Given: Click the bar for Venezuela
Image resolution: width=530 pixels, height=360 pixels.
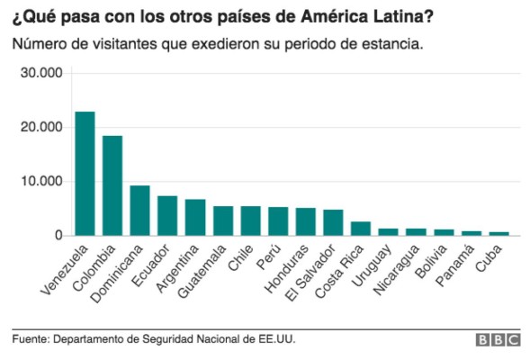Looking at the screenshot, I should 85,174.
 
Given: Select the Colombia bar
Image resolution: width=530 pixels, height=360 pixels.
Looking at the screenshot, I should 112,185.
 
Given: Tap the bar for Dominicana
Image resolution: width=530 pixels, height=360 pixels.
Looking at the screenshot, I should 140,211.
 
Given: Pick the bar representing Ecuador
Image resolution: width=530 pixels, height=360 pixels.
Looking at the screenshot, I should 167,216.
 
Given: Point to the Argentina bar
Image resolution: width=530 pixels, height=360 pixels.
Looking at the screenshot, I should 195,218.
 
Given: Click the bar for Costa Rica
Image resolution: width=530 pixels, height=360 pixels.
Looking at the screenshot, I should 361,229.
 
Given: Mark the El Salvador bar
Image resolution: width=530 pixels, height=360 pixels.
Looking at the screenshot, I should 333,222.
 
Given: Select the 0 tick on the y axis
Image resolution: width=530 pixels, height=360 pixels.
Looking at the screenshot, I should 58,235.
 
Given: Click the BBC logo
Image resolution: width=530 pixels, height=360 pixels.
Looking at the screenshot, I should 498,339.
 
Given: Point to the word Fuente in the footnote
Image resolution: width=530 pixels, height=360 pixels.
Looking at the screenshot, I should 30,339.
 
